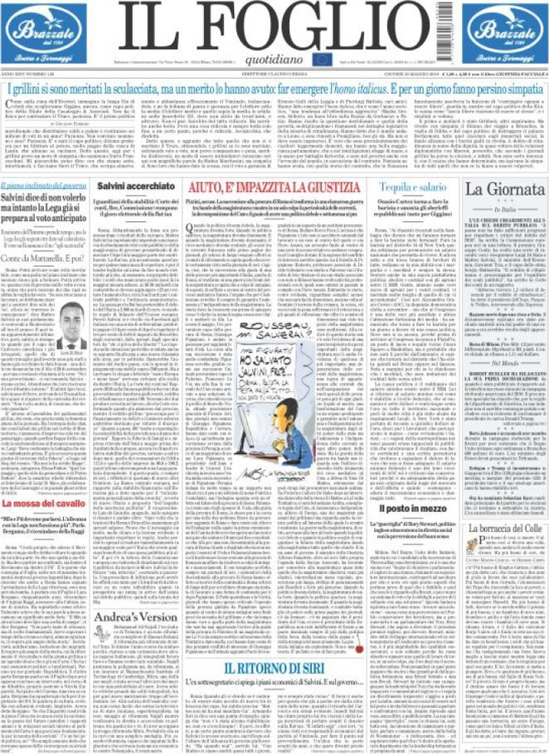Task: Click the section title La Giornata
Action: click(x=504, y=189)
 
